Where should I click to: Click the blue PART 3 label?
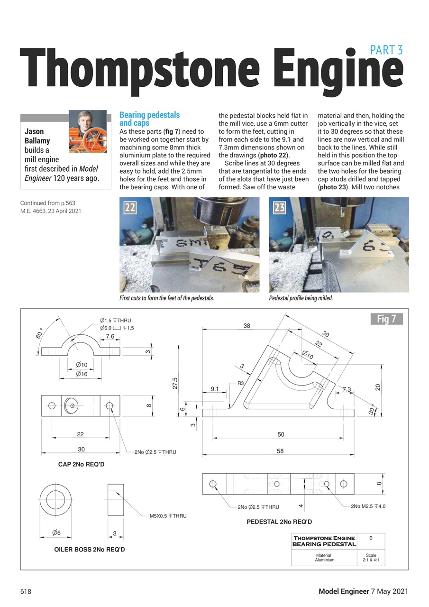click(386, 49)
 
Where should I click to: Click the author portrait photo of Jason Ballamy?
click(88, 131)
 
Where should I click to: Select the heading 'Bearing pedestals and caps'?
click(149, 119)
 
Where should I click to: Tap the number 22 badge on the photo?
click(130, 207)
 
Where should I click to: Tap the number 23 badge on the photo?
click(279, 207)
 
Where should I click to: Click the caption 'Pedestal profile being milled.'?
click(301, 298)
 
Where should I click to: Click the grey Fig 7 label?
click(386, 319)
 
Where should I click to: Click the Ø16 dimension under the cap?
click(81, 374)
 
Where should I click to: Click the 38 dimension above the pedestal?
click(246, 326)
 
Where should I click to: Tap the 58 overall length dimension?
click(280, 451)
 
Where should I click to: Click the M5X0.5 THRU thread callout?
click(168, 515)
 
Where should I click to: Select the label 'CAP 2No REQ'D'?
click(81, 464)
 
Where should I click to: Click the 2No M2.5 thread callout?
click(368, 506)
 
